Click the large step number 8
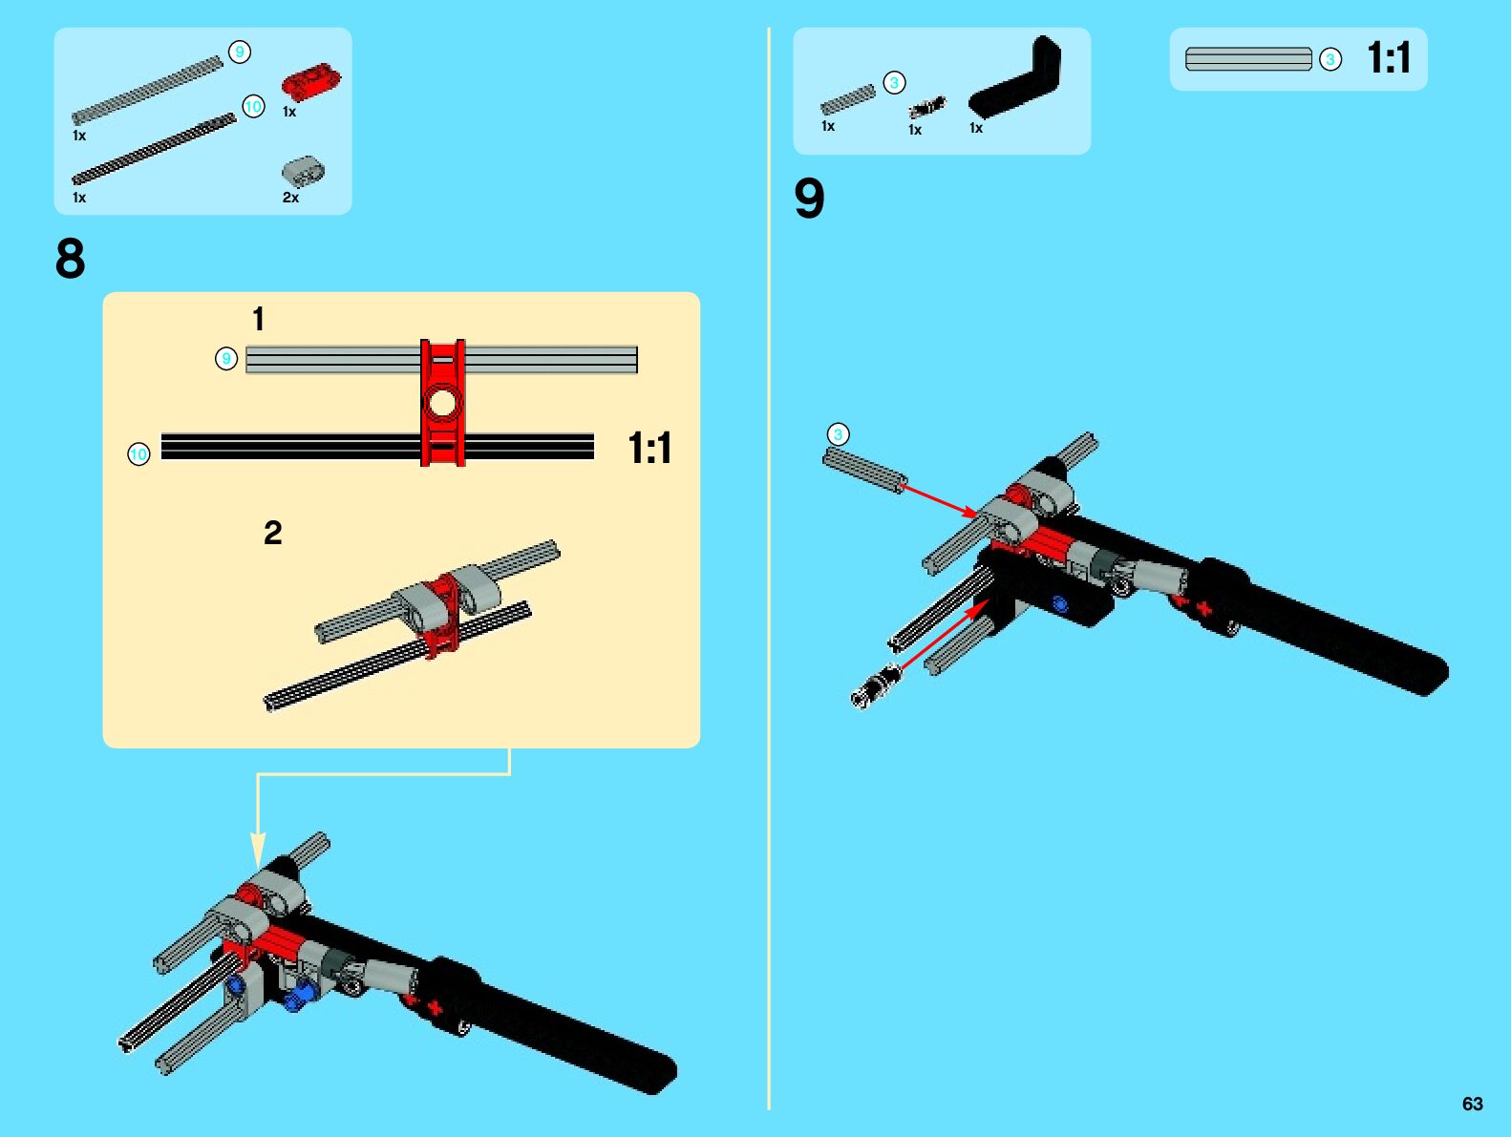(x=70, y=259)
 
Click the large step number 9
(x=809, y=199)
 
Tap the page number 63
(x=1472, y=1104)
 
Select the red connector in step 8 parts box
(x=310, y=81)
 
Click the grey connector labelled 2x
(x=303, y=172)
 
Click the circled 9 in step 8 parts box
(x=240, y=52)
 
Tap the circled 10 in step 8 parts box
(x=253, y=107)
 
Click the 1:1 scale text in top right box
(x=1388, y=58)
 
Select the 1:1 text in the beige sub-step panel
(x=649, y=448)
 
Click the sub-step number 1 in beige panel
(x=258, y=319)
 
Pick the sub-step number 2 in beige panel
(x=273, y=533)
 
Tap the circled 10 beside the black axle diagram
(x=138, y=454)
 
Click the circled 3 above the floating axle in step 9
(x=838, y=435)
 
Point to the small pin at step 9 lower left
(x=876, y=686)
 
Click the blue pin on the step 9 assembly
(x=1059, y=603)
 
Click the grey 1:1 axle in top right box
(x=1248, y=59)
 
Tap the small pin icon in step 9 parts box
(x=926, y=107)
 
